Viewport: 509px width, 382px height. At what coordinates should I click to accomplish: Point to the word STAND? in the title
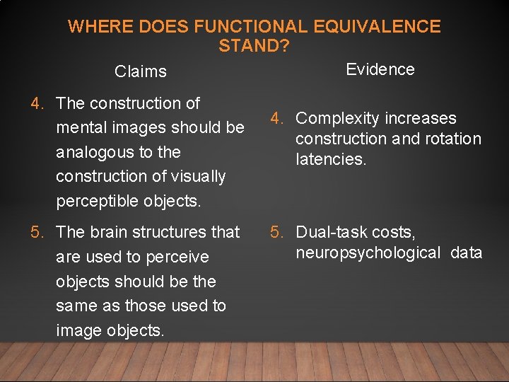tap(254, 46)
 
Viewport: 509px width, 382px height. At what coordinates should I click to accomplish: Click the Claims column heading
tap(141, 71)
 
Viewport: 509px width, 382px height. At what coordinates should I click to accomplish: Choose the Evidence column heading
tap(380, 69)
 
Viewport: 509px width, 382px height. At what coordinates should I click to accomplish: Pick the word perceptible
tap(100, 200)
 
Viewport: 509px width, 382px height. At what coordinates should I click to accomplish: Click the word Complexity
tap(336, 118)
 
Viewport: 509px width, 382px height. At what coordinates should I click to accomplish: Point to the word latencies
tap(331, 159)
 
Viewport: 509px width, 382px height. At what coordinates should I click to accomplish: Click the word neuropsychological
tap(368, 253)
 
